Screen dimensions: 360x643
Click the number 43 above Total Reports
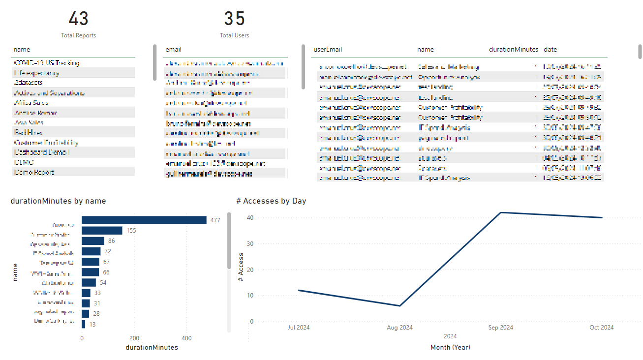(x=78, y=19)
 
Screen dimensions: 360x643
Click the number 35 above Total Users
(x=234, y=19)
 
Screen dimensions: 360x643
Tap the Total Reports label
(x=78, y=35)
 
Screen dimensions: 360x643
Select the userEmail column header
(x=328, y=50)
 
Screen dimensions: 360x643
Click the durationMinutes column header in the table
(x=513, y=50)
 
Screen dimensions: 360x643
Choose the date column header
(x=550, y=50)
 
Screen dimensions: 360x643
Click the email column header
(x=173, y=50)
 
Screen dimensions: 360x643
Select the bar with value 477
(x=144, y=220)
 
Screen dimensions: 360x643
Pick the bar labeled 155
(x=102, y=231)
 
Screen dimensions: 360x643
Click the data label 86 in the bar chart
(x=112, y=241)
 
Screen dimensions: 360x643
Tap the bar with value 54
(x=89, y=282)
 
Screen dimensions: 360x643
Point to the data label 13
(x=92, y=324)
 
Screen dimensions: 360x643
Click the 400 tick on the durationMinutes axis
(x=186, y=338)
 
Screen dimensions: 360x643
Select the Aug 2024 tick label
(x=399, y=328)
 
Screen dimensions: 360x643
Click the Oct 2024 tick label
(x=601, y=328)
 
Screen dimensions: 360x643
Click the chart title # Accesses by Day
(x=271, y=201)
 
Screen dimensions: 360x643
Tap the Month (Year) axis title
(x=450, y=347)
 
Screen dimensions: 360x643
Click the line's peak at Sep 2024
(x=500, y=212)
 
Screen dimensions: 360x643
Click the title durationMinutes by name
(x=58, y=201)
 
